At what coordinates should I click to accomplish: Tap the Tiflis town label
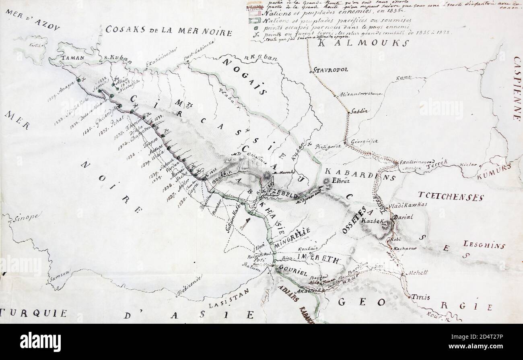point(420,297)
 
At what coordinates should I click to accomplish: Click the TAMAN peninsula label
point(73,58)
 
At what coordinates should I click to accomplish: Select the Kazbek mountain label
point(371,221)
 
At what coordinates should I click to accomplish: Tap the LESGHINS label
point(484,244)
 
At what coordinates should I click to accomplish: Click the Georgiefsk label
point(364,141)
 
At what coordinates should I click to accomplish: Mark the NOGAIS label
point(243,77)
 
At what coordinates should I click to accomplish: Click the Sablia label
point(359,111)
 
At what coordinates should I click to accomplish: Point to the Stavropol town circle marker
point(311,72)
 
